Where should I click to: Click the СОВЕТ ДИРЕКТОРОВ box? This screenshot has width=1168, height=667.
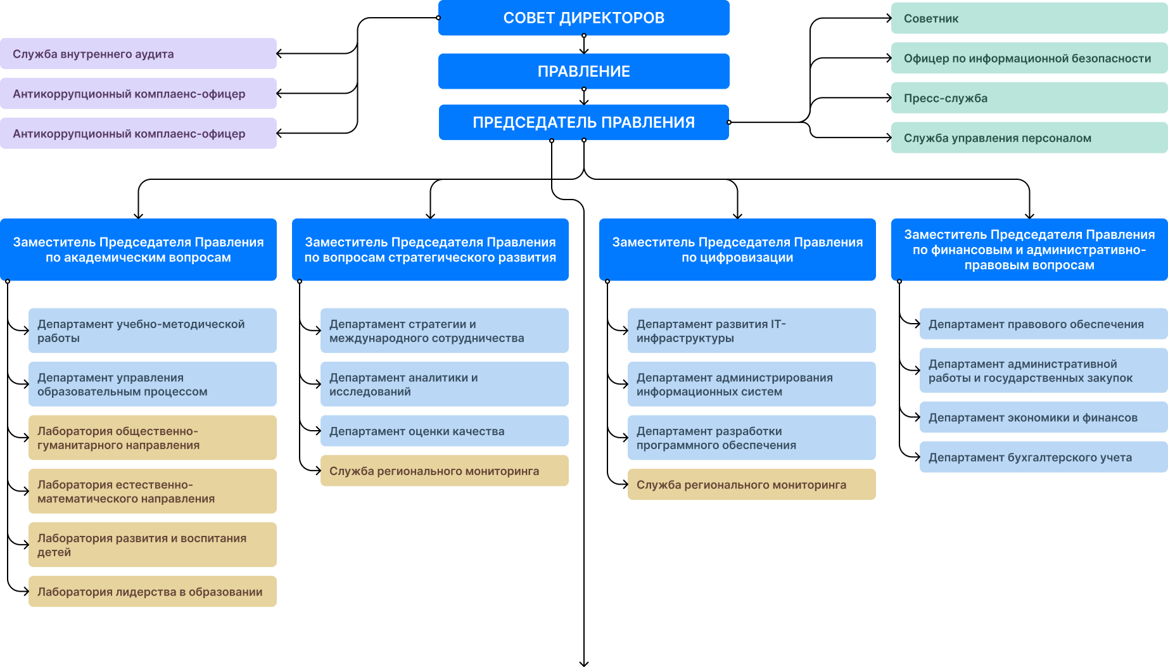tap(583, 18)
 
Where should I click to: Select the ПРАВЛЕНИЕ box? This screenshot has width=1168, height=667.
tap(583, 71)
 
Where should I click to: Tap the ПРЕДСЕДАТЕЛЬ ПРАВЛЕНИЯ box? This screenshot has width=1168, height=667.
tap(583, 122)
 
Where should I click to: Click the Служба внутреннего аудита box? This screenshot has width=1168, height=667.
tap(138, 54)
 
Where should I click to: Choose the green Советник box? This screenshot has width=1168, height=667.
tap(1029, 18)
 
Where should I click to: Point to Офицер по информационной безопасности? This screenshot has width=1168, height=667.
tap(1029, 58)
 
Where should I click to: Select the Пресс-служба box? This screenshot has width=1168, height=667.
tap(1029, 98)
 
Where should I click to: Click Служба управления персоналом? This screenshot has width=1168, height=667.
tap(1029, 138)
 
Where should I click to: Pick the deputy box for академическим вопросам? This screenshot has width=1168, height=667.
tap(138, 250)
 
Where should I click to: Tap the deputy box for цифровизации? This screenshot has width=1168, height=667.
tap(737, 250)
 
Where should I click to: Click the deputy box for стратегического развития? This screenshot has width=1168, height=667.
tap(430, 250)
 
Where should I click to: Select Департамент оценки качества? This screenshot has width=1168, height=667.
tap(444, 431)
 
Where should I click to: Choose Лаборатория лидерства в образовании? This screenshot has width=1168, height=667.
tap(152, 592)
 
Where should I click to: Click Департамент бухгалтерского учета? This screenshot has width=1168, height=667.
tap(1043, 457)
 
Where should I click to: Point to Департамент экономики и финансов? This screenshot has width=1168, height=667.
tap(1043, 417)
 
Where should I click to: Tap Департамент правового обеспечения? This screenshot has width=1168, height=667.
tap(1043, 324)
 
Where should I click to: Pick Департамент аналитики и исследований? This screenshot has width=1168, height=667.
tap(444, 384)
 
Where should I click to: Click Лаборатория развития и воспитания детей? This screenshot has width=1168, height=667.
tap(152, 545)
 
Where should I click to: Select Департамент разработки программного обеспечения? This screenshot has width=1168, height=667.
tap(751, 438)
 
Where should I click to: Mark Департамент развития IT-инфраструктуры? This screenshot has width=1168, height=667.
tap(751, 331)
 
